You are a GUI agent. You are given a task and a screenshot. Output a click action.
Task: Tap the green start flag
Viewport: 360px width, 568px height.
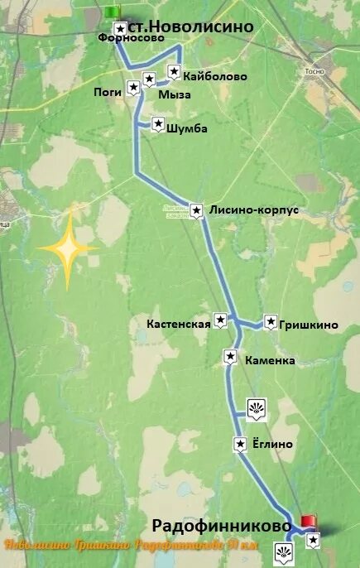tap(113, 11)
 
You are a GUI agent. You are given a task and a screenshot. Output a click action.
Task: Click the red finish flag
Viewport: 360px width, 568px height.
tap(308, 521)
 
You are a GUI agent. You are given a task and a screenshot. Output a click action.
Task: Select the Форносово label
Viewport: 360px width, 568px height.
tap(125, 37)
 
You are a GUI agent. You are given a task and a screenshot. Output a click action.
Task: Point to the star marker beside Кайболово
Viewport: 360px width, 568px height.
tap(175, 72)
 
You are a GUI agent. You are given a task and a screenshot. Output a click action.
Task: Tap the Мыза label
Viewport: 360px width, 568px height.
tap(175, 95)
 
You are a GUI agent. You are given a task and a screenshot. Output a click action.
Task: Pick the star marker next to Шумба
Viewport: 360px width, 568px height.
tap(156, 125)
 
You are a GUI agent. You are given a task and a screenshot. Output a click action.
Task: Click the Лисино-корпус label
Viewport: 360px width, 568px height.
tap(254, 210)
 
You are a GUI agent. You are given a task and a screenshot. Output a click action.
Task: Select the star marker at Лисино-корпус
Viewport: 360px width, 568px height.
tap(196, 210)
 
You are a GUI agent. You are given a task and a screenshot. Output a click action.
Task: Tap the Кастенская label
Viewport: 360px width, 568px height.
tap(178, 324)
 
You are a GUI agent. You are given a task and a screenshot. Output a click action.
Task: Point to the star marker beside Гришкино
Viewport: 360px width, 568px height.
tap(271, 322)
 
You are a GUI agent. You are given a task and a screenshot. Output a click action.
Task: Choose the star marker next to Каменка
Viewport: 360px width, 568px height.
tap(231, 357)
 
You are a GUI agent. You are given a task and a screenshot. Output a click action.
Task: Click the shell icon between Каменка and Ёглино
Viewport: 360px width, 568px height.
tap(256, 407)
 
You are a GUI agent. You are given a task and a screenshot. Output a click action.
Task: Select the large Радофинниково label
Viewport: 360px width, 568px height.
tap(222, 526)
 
